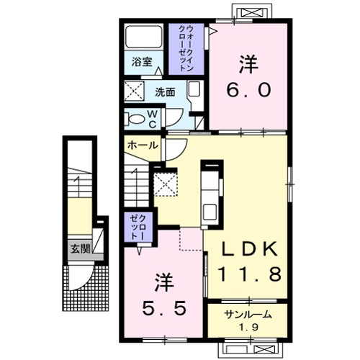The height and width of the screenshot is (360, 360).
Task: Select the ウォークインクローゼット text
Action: coord(189,46)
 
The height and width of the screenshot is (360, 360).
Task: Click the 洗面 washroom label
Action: coord(166,92)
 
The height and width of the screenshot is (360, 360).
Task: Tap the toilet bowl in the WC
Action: coord(134,117)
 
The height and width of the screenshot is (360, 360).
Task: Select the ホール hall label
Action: coord(141,145)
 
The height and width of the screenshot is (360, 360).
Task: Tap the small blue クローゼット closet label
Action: coord(138,226)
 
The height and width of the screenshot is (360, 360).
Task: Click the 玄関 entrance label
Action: coord(79,249)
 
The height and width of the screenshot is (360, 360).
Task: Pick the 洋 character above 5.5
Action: coord(164,279)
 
